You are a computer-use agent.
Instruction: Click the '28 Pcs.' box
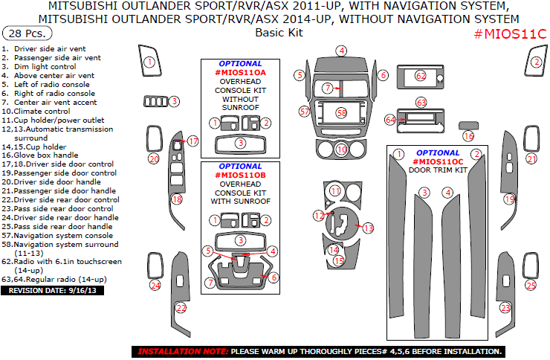click(27, 33)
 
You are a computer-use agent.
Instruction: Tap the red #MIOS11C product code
click(510, 34)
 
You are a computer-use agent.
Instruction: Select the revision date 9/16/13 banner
click(54, 291)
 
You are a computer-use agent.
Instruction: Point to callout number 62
click(421, 76)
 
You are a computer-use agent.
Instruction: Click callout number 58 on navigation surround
click(341, 113)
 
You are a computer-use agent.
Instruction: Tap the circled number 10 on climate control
click(341, 150)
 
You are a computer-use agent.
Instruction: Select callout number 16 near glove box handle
click(467, 136)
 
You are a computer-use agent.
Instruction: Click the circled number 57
click(304, 112)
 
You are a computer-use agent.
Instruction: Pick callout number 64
click(391, 119)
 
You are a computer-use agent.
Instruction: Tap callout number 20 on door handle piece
click(154, 158)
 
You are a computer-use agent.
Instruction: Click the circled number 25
click(531, 285)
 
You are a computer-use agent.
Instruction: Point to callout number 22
click(181, 307)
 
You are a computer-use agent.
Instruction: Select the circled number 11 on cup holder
click(335, 191)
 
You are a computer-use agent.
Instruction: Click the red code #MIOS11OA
click(239, 73)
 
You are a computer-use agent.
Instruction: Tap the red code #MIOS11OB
click(239, 175)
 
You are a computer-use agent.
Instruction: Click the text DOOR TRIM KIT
click(438, 170)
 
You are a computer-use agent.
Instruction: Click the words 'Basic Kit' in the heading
click(274, 33)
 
